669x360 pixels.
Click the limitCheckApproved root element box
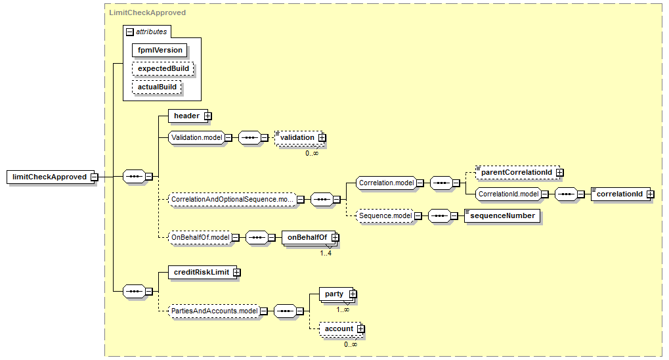(x=50, y=177)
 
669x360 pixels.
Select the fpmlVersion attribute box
(x=160, y=50)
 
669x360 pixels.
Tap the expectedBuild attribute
(x=163, y=68)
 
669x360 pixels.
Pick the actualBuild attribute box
(x=157, y=87)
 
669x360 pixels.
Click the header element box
(x=188, y=116)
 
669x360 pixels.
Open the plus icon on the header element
(x=207, y=116)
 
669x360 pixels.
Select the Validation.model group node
(x=197, y=137)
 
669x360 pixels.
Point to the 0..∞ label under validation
(x=312, y=153)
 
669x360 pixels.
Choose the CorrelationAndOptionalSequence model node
(x=232, y=200)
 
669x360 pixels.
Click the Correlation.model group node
(x=386, y=183)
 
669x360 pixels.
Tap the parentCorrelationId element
(x=517, y=173)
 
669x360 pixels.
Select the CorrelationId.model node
(x=508, y=194)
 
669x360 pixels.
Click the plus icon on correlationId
(x=650, y=194)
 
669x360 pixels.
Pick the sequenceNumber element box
(x=502, y=215)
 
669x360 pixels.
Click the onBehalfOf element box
(x=309, y=237)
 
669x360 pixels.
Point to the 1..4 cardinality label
(x=326, y=253)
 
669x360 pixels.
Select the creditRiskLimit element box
(x=203, y=272)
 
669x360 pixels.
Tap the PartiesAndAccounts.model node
(x=214, y=311)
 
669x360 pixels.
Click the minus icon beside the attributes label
(x=130, y=32)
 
